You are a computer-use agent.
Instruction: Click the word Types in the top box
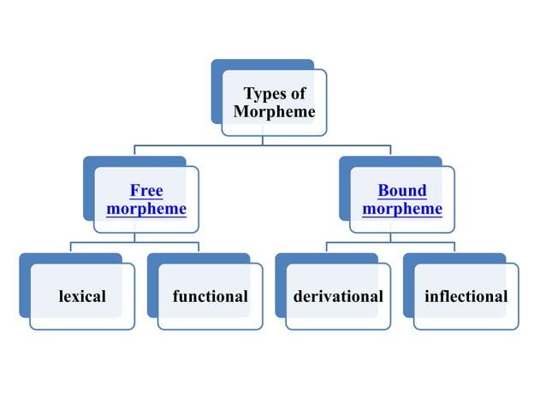click(264, 94)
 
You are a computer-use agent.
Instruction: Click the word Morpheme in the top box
click(274, 112)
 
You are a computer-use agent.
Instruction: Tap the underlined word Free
click(146, 190)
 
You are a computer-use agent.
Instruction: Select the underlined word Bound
click(402, 190)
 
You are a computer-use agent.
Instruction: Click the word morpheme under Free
click(146, 209)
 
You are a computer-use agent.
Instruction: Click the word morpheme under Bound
click(402, 209)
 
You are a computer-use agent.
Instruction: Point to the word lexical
click(82, 297)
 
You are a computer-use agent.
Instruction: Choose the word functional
click(211, 297)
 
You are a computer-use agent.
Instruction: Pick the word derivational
click(338, 297)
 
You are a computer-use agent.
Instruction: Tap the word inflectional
click(466, 297)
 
